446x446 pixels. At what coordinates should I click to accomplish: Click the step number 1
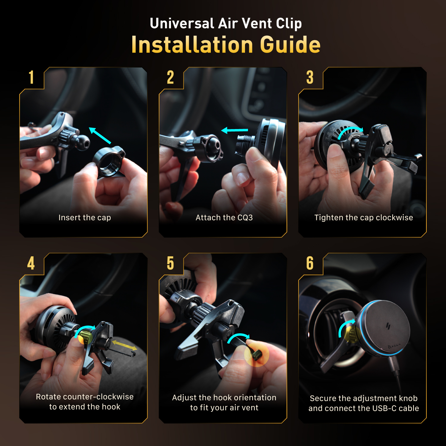tap(31, 77)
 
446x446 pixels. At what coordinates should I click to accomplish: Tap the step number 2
tap(170, 77)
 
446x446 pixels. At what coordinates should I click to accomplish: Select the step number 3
tap(310, 77)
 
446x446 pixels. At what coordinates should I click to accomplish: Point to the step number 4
tap(31, 263)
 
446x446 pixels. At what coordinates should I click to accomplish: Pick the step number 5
tap(170, 263)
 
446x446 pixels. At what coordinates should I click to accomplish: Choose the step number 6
tap(310, 263)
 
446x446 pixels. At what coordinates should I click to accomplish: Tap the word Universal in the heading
tap(182, 23)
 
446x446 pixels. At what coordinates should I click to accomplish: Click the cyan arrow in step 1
tap(100, 136)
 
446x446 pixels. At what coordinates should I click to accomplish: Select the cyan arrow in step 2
tap(235, 130)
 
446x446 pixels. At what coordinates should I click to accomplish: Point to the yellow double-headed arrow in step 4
tap(125, 346)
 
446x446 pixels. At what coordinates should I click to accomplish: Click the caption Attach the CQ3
tap(224, 218)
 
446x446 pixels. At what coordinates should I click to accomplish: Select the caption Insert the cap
tap(85, 218)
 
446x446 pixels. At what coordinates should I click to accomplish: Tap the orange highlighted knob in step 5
tap(257, 354)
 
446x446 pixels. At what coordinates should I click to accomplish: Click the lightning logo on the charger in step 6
tap(388, 326)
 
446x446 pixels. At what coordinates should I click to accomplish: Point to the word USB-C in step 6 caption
tap(384, 408)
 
